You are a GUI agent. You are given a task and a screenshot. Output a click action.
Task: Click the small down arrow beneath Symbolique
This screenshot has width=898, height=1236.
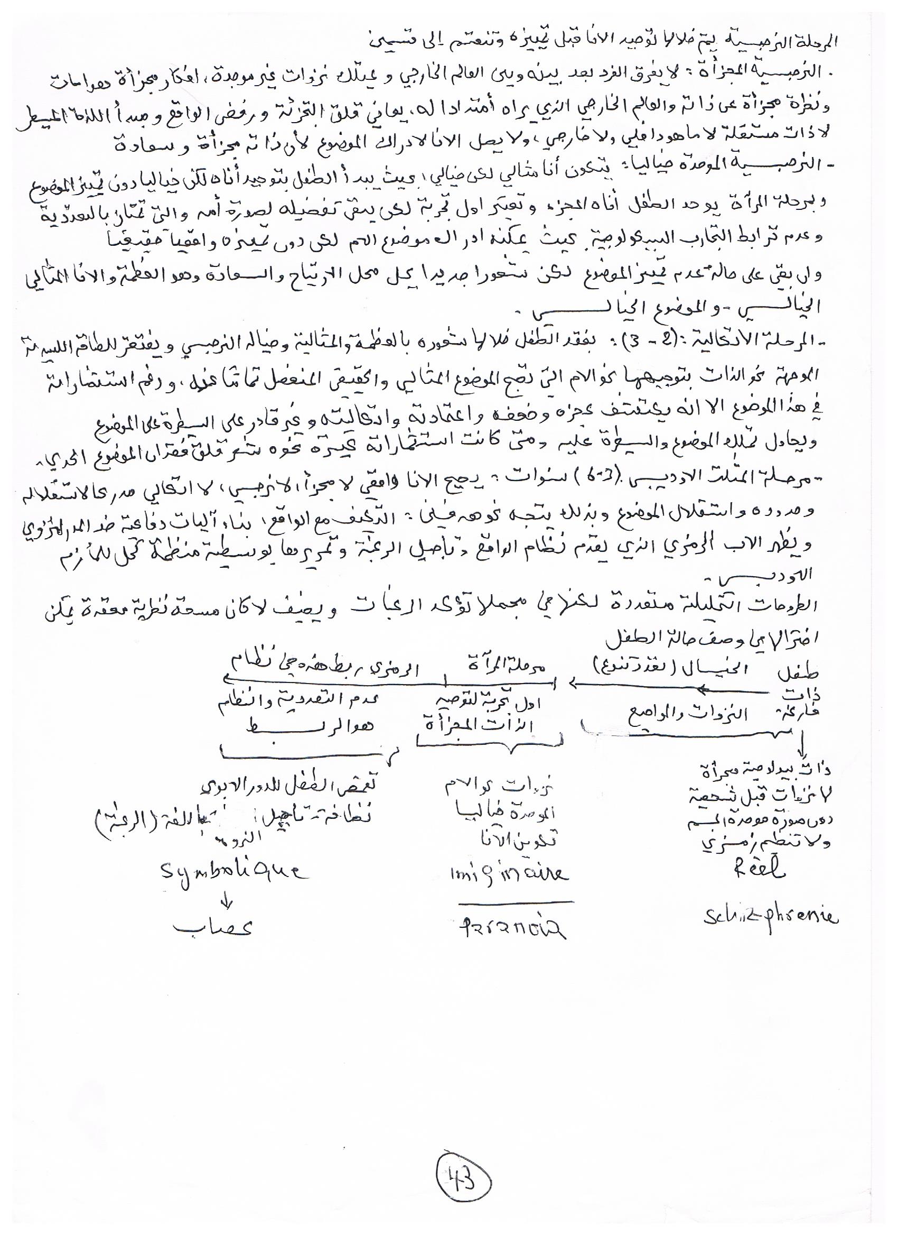[228, 900]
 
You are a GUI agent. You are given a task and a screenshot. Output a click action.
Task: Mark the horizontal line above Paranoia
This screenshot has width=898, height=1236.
[514, 902]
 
